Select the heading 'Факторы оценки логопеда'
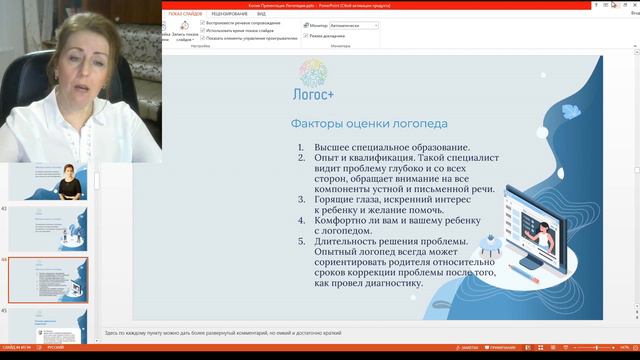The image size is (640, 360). (x=355, y=125)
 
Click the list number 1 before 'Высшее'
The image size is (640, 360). (x=301, y=147)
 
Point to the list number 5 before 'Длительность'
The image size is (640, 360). (x=301, y=241)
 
